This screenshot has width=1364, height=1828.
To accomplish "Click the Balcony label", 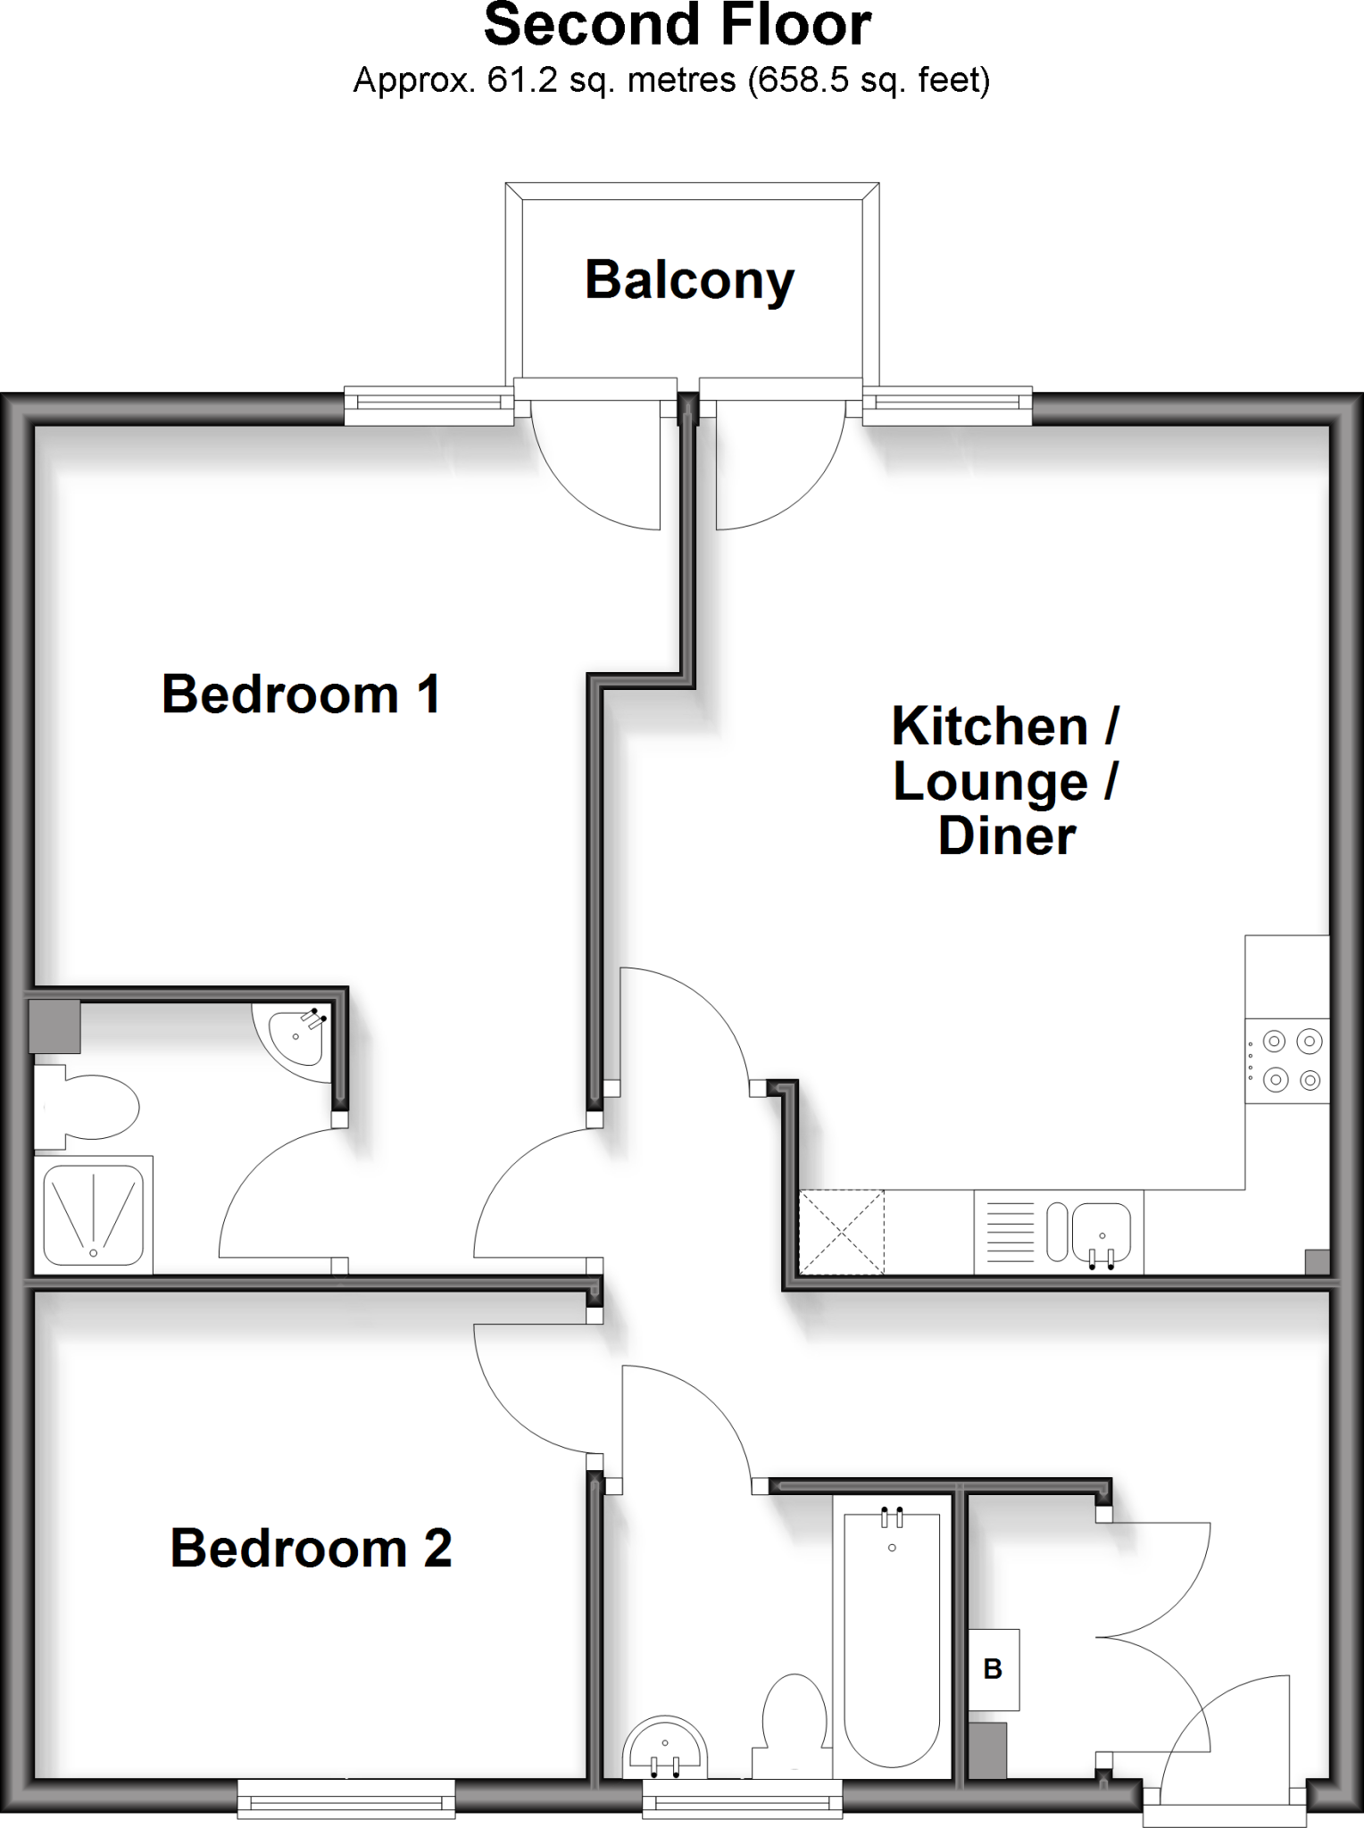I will click(x=689, y=280).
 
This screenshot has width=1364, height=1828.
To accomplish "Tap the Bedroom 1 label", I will click(x=302, y=694).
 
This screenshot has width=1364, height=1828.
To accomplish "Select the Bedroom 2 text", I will click(x=311, y=1548).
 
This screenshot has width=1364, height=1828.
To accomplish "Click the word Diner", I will click(x=1007, y=836).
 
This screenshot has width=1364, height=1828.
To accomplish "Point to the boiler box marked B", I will click(x=994, y=1669).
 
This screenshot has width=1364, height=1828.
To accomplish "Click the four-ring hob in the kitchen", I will click(x=1287, y=1060).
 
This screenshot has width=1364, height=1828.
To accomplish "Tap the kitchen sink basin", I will click(x=1101, y=1231).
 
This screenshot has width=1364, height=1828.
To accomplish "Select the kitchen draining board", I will click(x=1009, y=1231).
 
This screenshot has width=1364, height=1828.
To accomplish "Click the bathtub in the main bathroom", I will click(x=892, y=1637).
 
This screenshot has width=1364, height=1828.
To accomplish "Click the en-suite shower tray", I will click(x=93, y=1213).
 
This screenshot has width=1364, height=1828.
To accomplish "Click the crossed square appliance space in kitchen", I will click(x=842, y=1231).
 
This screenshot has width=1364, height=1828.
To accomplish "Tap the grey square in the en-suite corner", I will click(x=54, y=1026).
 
